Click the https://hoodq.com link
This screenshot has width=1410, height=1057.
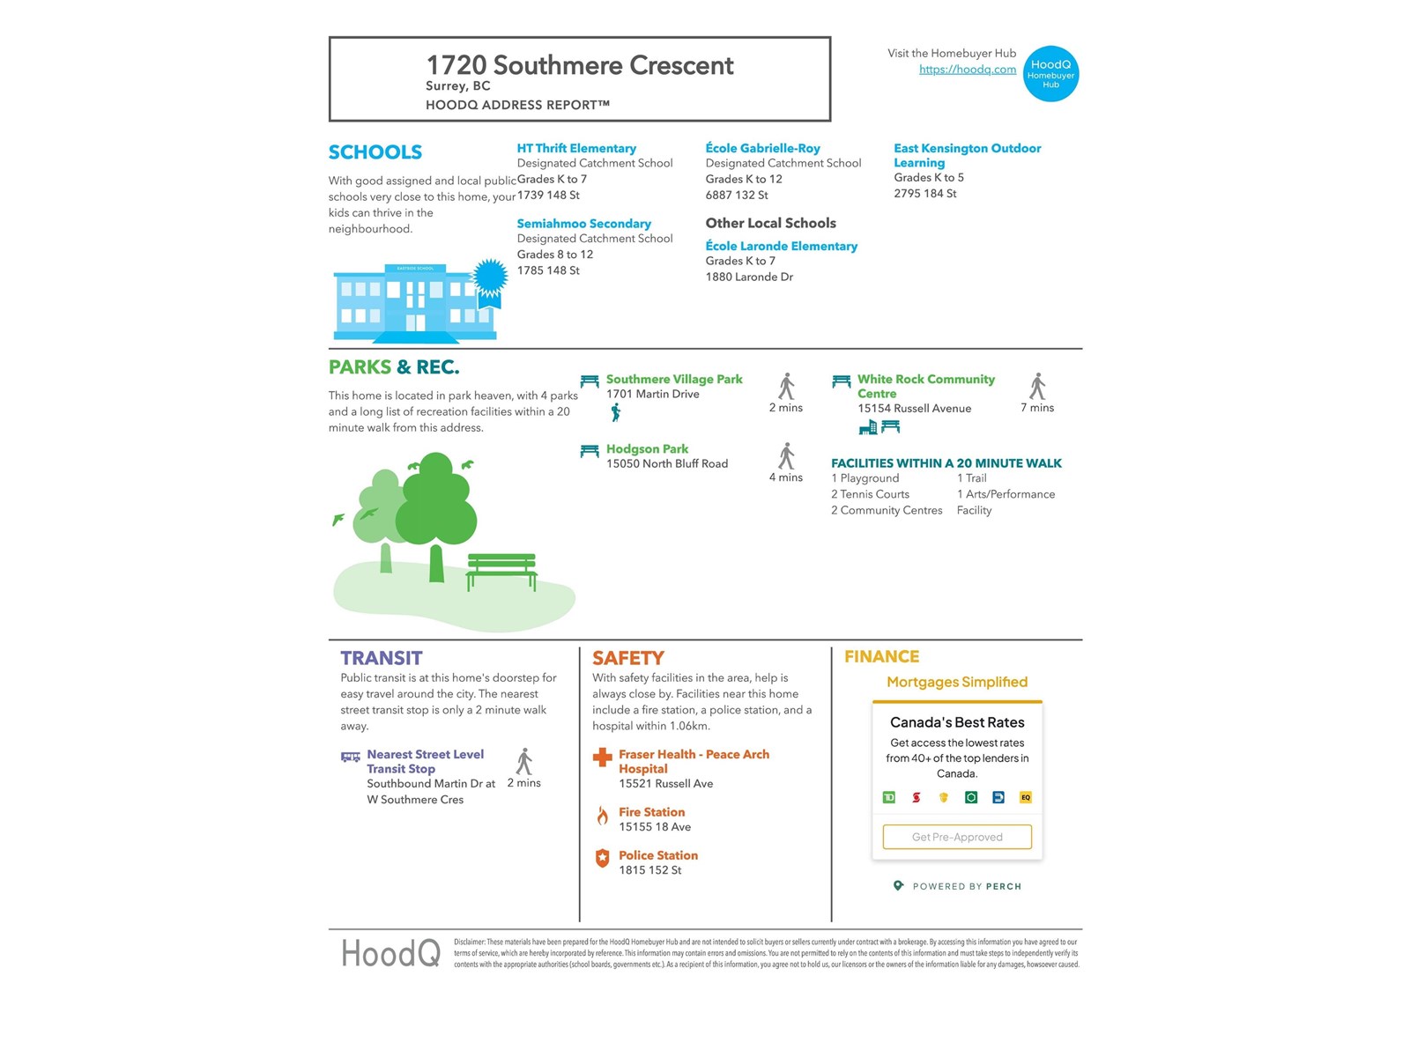pos(967,70)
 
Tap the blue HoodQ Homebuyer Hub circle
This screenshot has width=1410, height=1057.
pos(1050,74)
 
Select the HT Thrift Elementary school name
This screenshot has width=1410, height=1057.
pos(576,148)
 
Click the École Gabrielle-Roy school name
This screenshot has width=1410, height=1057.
pos(762,148)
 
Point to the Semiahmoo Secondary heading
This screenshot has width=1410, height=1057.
pos(583,224)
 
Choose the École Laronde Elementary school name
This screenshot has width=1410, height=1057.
pos(781,246)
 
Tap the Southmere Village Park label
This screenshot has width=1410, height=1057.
pos(674,379)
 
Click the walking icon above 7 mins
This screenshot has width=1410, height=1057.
pos(1038,386)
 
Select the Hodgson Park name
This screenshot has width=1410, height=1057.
pos(647,448)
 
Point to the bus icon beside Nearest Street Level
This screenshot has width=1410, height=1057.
pos(351,757)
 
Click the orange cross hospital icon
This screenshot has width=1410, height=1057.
pos(603,757)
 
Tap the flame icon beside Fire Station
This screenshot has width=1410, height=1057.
pos(603,816)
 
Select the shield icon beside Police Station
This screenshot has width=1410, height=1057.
pos(603,858)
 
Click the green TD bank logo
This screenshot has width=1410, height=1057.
pos(888,797)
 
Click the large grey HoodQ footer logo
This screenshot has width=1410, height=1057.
pos(390,953)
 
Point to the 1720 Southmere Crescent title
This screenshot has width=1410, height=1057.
pos(579,65)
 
